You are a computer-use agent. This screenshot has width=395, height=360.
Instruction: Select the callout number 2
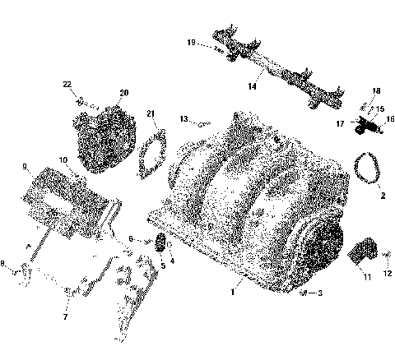[382, 196]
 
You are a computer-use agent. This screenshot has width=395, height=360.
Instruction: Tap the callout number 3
[319, 292]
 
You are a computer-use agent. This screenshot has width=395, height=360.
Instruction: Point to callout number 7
[66, 316]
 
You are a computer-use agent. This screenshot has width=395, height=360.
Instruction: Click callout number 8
[3, 264]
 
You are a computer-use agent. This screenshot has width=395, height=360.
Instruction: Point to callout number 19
[191, 42]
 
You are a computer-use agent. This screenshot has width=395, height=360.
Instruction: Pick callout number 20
[124, 93]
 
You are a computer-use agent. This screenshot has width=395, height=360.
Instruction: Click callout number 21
[151, 113]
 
